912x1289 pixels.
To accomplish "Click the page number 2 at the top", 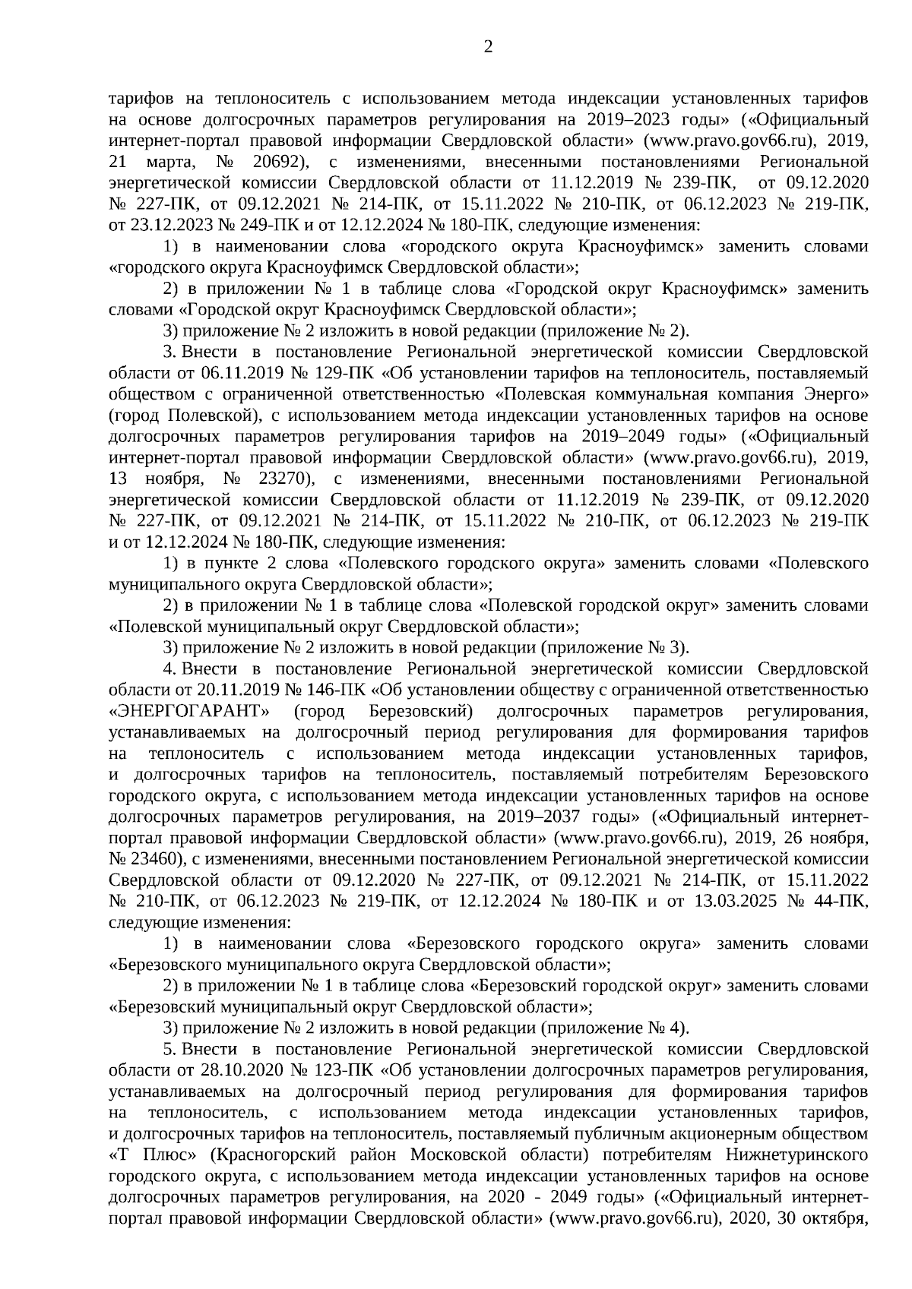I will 488,47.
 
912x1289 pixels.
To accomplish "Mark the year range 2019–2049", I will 626,437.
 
